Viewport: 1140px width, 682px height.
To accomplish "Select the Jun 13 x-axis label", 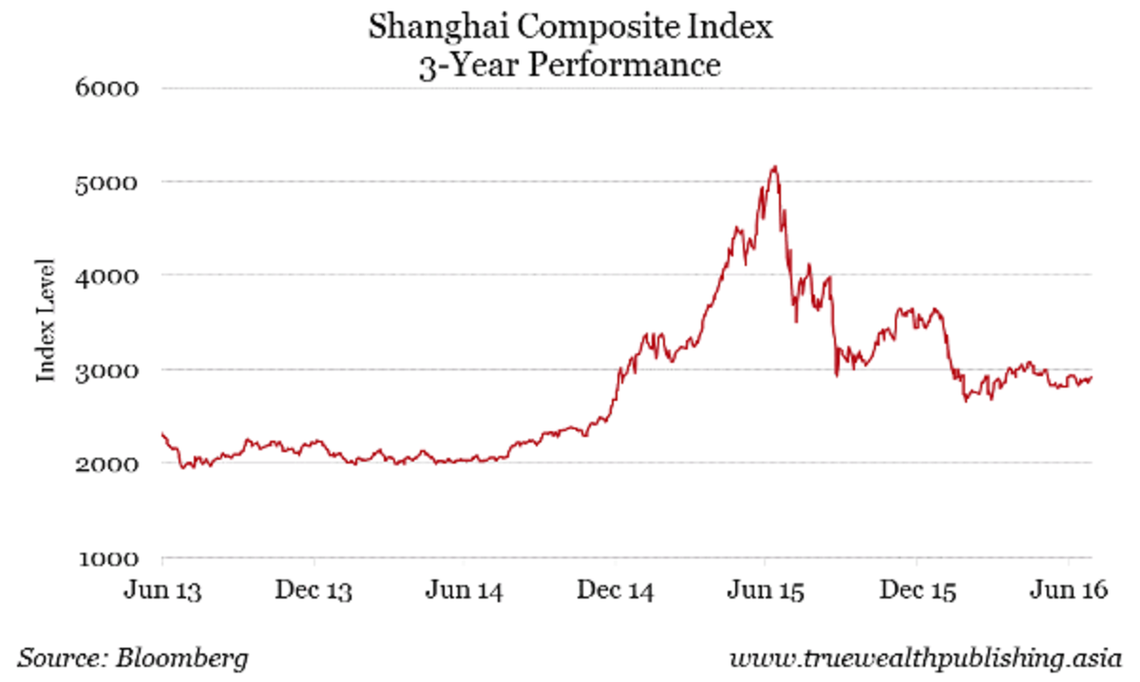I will coord(162,591).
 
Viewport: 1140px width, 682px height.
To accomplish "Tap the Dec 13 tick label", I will coord(313,591).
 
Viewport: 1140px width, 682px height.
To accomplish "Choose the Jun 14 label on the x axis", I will coord(465,591).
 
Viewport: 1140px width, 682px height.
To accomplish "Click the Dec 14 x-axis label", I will coord(615,591).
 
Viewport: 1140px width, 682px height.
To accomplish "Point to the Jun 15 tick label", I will coord(766,591).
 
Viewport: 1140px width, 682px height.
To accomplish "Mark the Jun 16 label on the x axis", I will coord(1068,591).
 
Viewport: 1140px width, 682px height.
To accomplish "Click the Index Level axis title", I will coord(46,320).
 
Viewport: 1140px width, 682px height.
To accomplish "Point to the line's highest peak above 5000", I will coord(775,167).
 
